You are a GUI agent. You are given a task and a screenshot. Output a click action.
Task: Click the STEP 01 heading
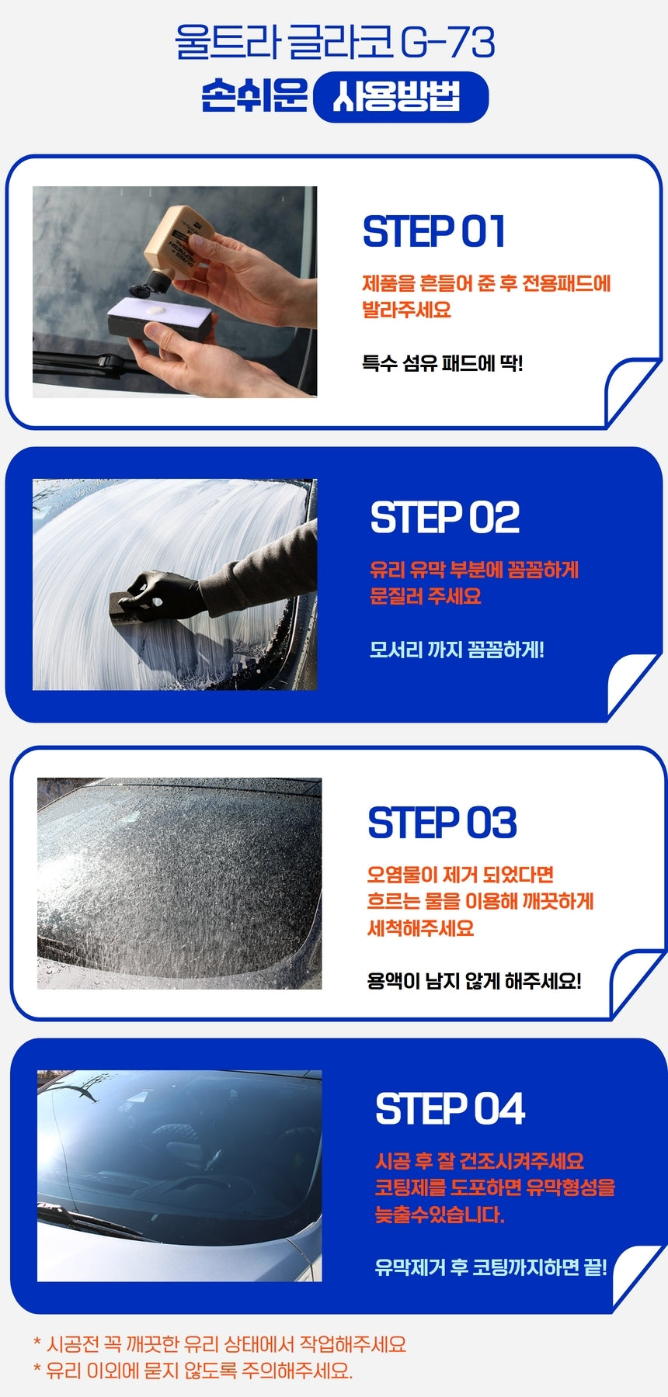coord(434,231)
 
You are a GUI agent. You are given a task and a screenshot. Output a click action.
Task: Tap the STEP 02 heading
coord(445,518)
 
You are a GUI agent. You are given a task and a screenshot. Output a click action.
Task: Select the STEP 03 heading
coord(443,823)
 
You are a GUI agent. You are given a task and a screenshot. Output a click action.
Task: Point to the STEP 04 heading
coord(451,1108)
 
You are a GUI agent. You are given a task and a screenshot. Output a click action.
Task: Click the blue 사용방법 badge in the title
coord(401,98)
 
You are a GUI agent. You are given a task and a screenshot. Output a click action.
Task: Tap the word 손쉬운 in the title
coord(254,96)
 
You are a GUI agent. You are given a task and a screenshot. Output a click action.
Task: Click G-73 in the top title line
coord(447,43)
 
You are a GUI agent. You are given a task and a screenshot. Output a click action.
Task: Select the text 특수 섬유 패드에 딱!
coord(443,363)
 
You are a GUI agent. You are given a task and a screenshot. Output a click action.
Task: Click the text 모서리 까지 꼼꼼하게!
coord(457,650)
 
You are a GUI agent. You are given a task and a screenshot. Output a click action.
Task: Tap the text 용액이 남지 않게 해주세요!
coord(474,981)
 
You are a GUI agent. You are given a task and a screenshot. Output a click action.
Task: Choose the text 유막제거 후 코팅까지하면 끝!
coord(491,1267)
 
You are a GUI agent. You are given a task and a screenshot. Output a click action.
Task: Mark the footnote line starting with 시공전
coord(220,1345)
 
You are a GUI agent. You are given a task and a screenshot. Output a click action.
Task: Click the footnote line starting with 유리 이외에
coord(193,1371)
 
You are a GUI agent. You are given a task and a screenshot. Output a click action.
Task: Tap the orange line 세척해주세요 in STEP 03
coord(420,928)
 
